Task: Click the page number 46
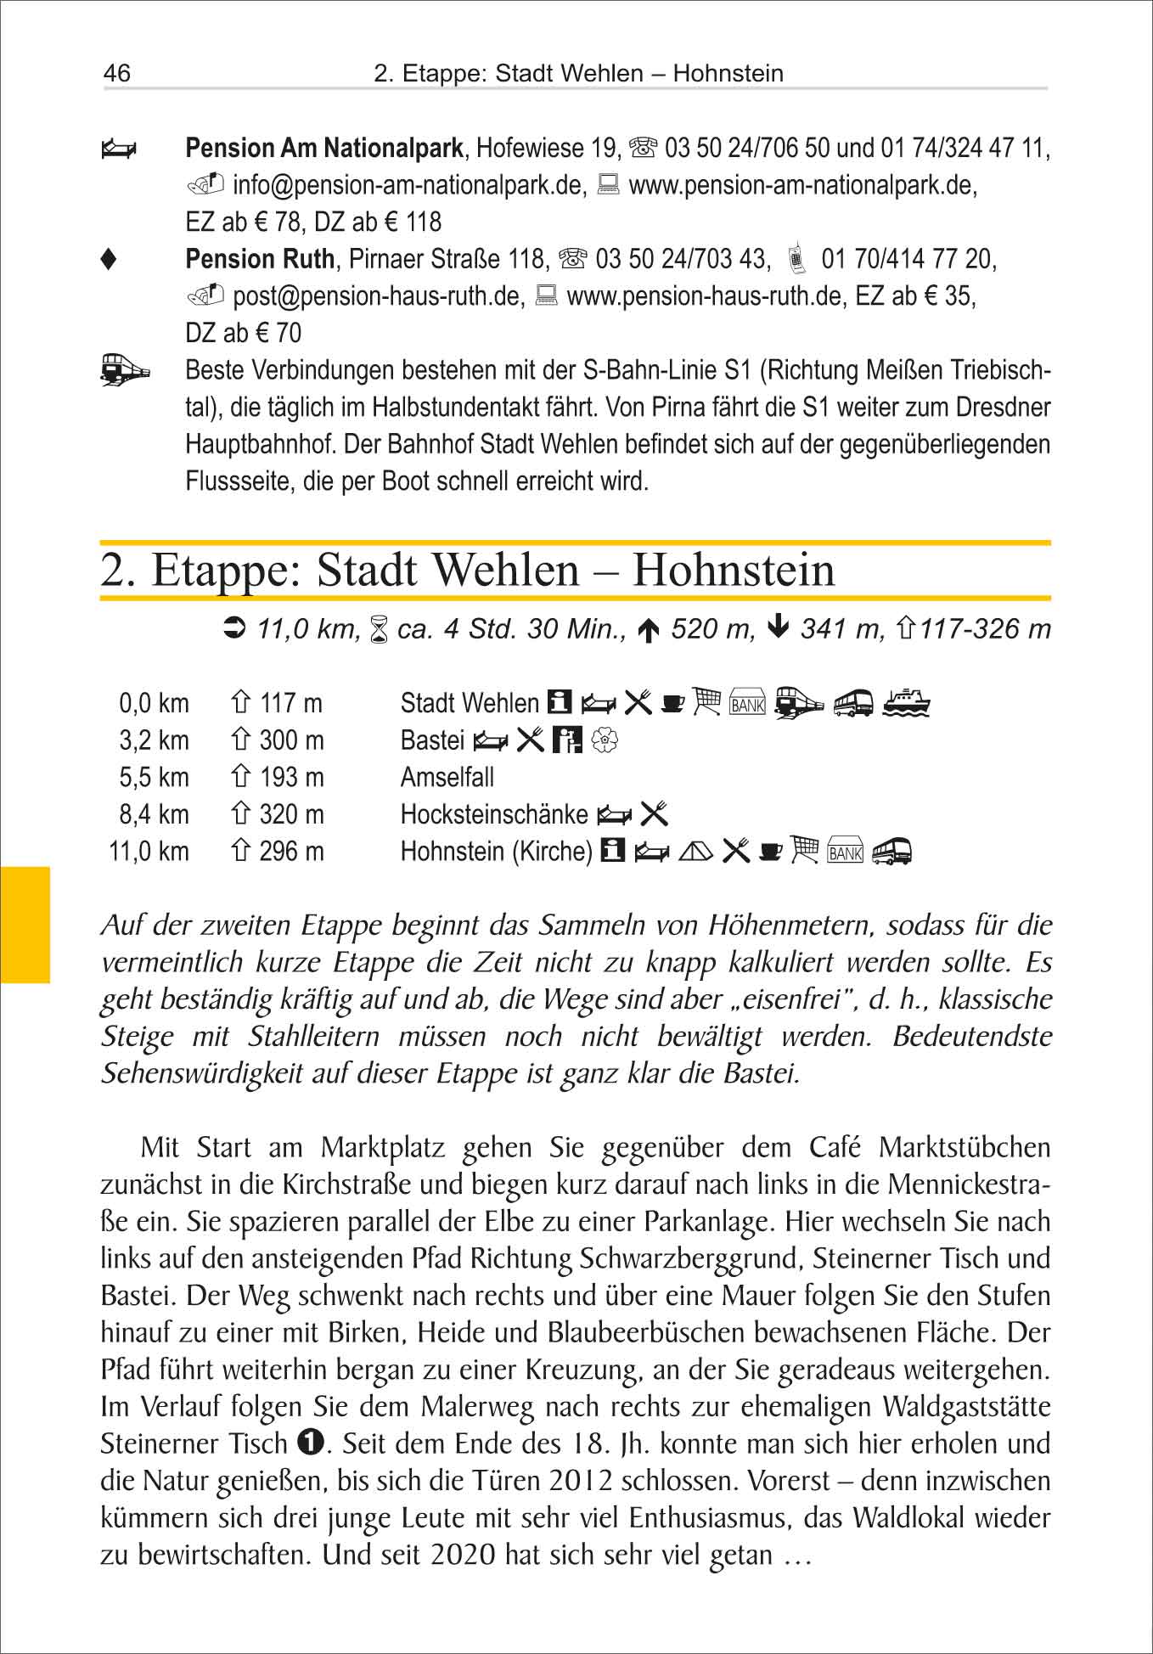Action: coord(117,73)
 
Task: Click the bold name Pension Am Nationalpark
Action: coord(324,149)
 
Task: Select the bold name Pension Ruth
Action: coord(260,259)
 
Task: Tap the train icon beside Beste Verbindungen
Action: coord(124,371)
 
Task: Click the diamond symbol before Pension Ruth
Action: coord(109,260)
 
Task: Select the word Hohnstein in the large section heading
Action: coord(734,570)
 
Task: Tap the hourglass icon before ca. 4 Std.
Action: coord(380,630)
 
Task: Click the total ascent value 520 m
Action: coord(711,629)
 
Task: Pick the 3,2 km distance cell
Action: coord(154,740)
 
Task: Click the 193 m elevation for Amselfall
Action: coord(291,778)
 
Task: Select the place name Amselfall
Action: coord(447,778)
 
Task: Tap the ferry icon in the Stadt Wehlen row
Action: coord(906,703)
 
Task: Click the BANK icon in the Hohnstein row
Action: coord(845,852)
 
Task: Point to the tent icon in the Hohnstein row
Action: coord(695,851)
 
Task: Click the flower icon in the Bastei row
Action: coord(604,741)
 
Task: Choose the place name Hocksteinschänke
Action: coord(493,815)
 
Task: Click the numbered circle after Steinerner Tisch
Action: coord(311,1442)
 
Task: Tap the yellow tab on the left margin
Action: coord(25,925)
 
